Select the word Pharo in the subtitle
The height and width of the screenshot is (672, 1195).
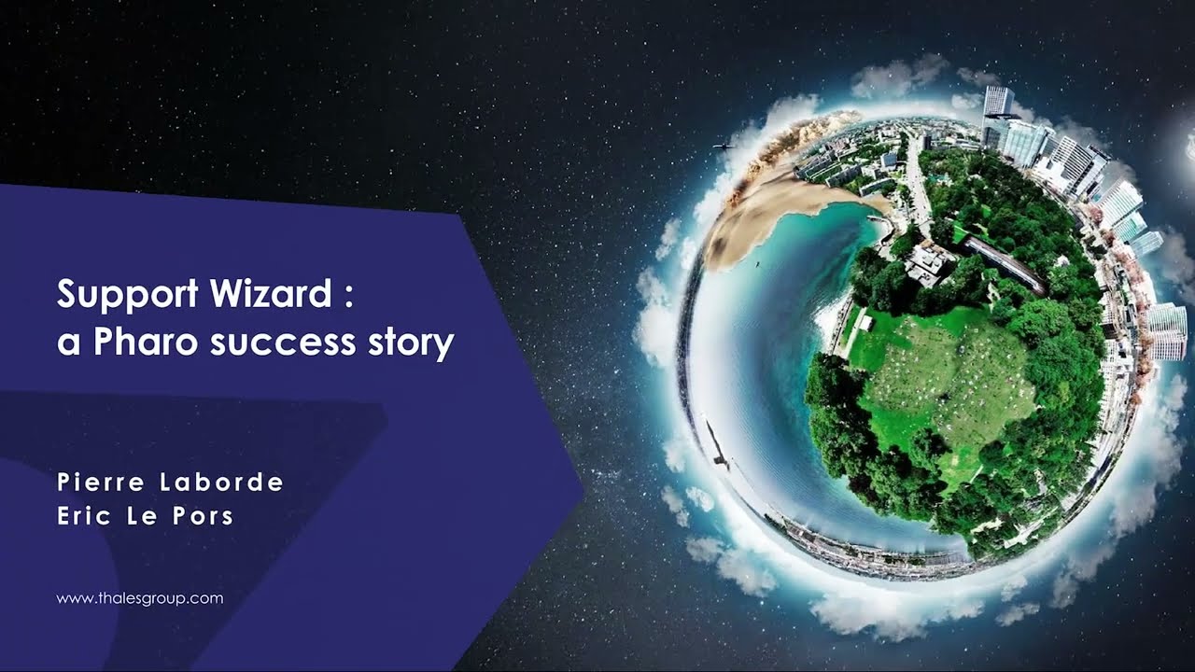[x=148, y=343]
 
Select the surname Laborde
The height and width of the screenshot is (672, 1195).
[x=224, y=483]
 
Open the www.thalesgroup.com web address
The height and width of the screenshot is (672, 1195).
[x=140, y=598]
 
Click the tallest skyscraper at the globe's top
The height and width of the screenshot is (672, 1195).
[x=998, y=103]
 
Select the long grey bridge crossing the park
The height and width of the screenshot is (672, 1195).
[x=1004, y=264]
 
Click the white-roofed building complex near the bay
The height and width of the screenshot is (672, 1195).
[x=929, y=264]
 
